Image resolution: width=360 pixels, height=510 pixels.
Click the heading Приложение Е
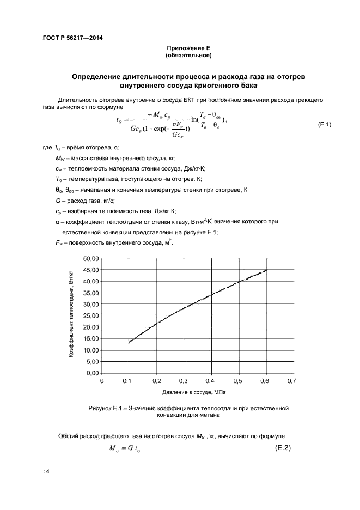188,48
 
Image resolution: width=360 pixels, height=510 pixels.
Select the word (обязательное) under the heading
188,56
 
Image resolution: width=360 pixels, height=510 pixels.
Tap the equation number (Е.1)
324,125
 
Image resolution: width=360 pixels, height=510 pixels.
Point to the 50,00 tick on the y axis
90,258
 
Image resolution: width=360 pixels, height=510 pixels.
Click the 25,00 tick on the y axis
90,315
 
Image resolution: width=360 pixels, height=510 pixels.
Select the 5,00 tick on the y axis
92,361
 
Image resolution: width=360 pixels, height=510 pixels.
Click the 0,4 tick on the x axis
210,381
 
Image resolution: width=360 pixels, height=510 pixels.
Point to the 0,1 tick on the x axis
129,381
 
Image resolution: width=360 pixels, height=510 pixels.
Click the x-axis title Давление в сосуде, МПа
194,392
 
